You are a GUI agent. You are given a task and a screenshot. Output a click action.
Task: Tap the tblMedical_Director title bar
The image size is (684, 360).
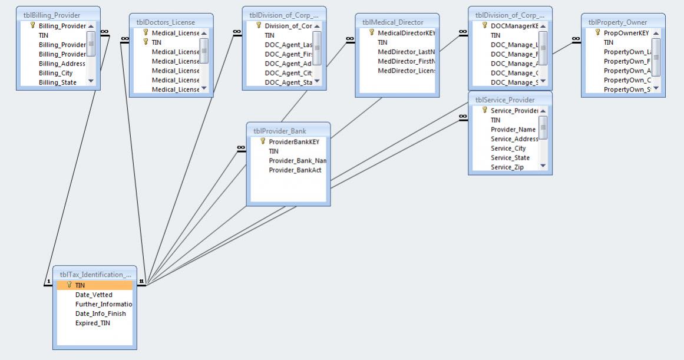[392, 22]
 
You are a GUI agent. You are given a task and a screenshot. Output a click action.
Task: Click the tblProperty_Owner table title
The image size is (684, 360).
[617, 22]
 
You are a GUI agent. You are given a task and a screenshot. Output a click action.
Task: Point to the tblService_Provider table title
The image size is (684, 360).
[505, 100]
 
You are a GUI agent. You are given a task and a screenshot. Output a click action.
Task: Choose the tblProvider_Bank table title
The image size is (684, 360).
[280, 131]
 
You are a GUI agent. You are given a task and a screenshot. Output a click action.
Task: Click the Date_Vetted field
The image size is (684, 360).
[94, 295]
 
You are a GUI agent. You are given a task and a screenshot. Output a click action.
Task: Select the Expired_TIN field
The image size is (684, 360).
[92, 323]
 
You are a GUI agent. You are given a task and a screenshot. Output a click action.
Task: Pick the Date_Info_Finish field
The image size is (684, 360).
[100, 313]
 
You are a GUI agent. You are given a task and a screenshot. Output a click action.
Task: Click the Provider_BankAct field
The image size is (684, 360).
[295, 170]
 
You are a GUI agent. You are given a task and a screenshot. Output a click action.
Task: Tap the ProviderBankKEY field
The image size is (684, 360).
[293, 141]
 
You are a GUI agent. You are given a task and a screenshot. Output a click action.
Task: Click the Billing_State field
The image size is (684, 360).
[58, 82]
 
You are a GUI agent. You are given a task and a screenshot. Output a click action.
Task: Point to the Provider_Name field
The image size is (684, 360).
[513, 129]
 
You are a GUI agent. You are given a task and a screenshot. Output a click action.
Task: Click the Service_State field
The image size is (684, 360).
[510, 158]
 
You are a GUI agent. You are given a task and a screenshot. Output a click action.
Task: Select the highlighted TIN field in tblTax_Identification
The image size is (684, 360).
[80, 285]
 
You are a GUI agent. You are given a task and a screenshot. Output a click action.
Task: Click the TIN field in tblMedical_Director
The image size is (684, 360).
[382, 42]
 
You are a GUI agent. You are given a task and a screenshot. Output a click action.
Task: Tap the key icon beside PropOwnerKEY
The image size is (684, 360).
[598, 33]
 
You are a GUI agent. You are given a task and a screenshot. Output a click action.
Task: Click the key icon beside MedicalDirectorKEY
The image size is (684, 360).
[372, 33]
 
